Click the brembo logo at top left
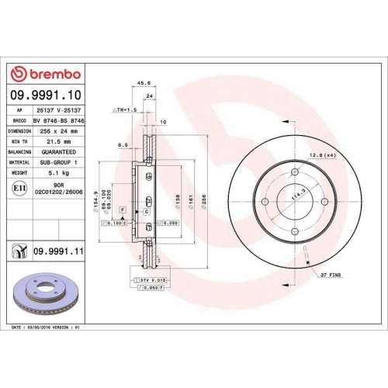(x=45, y=74)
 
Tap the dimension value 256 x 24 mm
(x=57, y=131)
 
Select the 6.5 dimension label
(x=123, y=144)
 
